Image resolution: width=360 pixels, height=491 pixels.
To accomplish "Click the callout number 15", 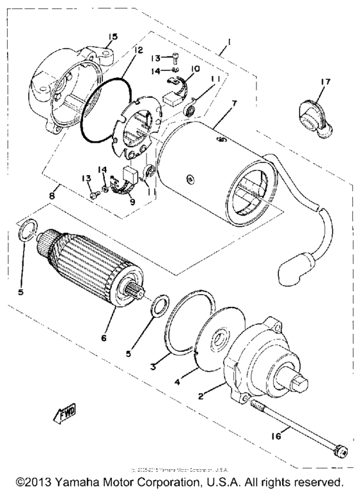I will pyautogui.click(x=113, y=36).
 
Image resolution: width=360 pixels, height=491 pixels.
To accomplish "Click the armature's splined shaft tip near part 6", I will pyautogui.click(x=137, y=299).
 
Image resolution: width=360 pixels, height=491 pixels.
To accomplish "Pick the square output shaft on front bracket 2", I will pyautogui.click(x=302, y=386).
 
